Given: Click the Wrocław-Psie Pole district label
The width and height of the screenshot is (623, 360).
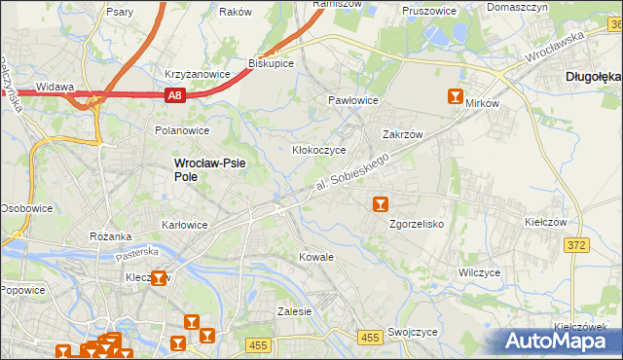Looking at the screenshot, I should click(x=209, y=169).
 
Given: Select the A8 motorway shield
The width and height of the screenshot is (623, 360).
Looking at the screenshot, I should click(x=174, y=95).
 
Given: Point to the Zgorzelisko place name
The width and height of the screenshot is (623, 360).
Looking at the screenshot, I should click(x=417, y=224).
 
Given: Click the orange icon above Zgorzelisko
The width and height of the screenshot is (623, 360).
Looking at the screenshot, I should click(x=381, y=204).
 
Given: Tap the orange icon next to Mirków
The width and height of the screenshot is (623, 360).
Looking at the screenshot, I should click(x=455, y=95).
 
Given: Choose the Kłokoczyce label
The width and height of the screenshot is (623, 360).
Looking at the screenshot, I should click(x=319, y=151).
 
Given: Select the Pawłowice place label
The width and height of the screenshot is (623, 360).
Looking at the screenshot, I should click(x=351, y=100).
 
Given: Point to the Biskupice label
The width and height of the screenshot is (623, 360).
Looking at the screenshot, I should click(x=272, y=62).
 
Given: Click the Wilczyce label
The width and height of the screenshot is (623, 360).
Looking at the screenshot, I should click(x=479, y=272).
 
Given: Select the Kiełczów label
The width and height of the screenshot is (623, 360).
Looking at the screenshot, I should click(x=545, y=222).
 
